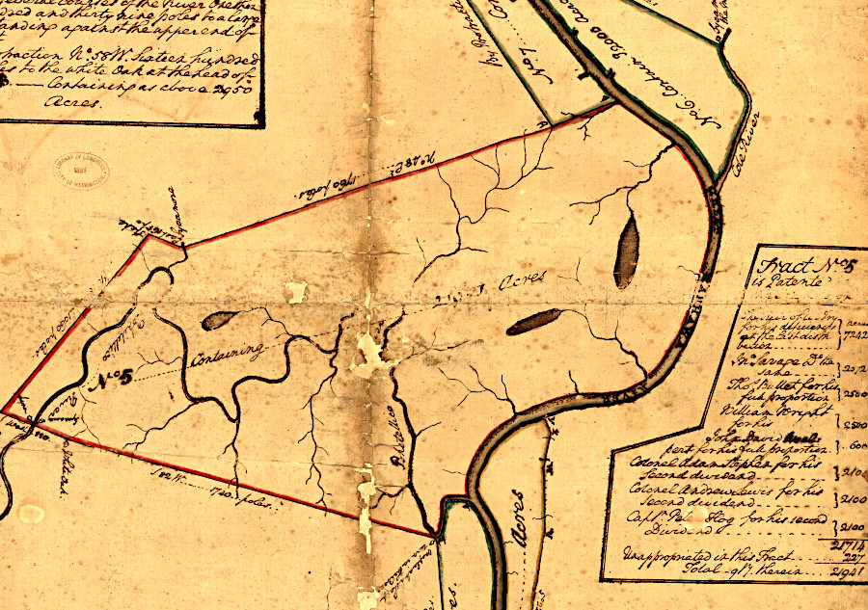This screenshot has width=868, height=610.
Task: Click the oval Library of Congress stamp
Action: [x=81, y=172]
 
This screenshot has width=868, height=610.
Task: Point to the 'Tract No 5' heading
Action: [x=796, y=267]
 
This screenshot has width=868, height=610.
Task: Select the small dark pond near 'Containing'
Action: [x=218, y=319]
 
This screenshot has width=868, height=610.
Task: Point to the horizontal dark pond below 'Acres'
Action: [x=534, y=321]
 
